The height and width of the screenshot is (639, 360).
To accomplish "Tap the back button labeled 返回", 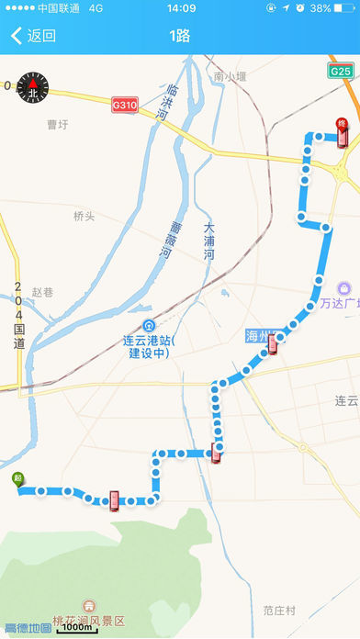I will point(33,37).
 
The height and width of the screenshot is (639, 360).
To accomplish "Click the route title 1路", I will point(180,37).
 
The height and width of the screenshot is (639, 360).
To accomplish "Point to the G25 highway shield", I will point(342,71).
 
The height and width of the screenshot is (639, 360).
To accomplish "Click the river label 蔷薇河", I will point(175,241).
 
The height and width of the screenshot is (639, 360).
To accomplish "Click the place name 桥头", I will point(84,217).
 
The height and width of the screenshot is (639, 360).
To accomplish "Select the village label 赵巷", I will point(42,292).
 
